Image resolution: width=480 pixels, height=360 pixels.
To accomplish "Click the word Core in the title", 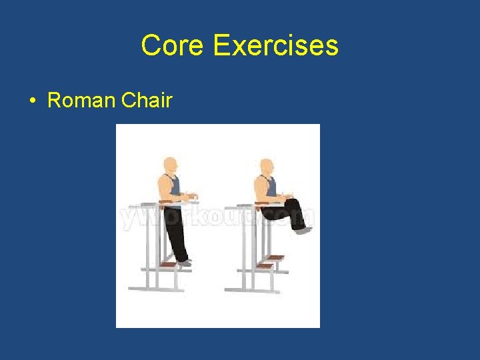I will pos(173,46).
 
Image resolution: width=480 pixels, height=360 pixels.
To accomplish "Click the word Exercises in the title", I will pos(275,46).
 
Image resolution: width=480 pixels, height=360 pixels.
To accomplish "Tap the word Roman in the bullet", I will pos(81,101).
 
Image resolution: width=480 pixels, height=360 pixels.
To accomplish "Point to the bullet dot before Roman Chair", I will pos(32,101).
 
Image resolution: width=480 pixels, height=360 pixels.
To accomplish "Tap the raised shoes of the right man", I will pos(303,230).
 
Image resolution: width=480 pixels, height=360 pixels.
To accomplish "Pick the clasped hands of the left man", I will pos(191,196).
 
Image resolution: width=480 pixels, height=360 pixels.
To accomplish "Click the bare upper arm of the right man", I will pos(259,187).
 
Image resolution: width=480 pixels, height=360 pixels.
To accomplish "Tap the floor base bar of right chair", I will pos(251,289).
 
